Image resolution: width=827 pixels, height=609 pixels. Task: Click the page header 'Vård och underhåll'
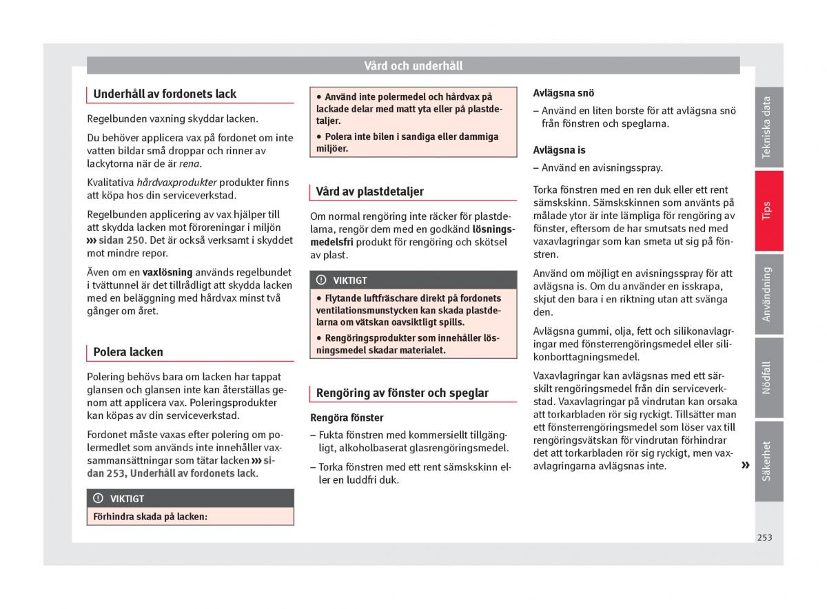pos(413,66)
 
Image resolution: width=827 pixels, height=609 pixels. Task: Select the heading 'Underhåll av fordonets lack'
pos(165,94)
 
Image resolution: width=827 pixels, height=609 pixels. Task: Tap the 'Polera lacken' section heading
pos(128,352)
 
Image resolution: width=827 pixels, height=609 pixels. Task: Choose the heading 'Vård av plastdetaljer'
pos(370,192)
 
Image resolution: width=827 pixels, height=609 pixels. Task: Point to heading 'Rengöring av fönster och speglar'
pos(402,393)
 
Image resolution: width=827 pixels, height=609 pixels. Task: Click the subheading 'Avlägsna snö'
pos(564,93)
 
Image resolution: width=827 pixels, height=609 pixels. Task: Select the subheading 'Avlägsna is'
pos(560,149)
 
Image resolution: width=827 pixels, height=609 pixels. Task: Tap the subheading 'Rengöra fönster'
pos(347,417)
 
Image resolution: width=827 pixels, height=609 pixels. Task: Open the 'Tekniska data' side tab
pos(768,127)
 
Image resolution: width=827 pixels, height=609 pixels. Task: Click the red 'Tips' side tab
pos(768,211)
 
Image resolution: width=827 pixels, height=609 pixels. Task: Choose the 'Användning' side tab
pos(768,294)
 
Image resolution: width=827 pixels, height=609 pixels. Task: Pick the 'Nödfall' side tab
pos(768,378)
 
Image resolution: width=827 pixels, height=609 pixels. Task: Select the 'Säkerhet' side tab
pos(768,460)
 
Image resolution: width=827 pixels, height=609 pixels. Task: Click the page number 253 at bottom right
pos(764,537)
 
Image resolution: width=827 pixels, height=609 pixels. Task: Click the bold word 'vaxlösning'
pos(167,272)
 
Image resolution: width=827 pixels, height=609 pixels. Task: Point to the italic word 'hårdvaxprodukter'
pos(177,183)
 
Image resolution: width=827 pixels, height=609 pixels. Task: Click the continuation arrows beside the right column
pos(745,466)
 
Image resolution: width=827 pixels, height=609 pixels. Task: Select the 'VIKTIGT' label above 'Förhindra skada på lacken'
pos(127,499)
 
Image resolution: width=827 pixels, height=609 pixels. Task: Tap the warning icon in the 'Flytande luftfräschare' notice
pos(321,280)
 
